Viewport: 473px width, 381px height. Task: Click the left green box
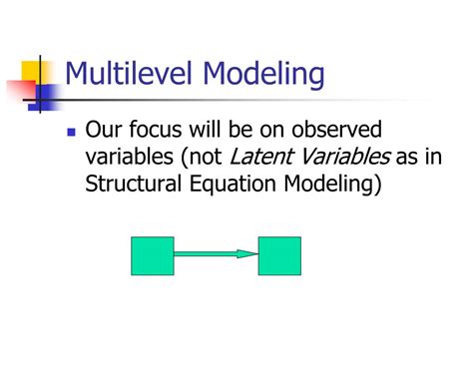pyautogui.click(x=152, y=255)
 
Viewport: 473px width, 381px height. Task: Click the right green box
pyautogui.click(x=279, y=255)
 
